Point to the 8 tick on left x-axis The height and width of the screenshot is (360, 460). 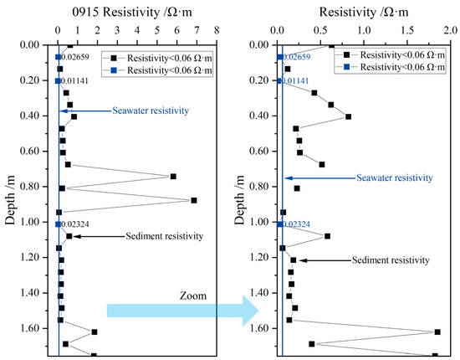[217, 33]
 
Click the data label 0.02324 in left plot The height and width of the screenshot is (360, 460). [76, 224]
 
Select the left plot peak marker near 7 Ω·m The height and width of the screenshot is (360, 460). [194, 200]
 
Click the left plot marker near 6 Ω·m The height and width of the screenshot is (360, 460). [173, 176]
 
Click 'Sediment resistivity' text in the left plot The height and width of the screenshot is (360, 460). [164, 236]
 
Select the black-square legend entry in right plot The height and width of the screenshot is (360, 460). [390, 54]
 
